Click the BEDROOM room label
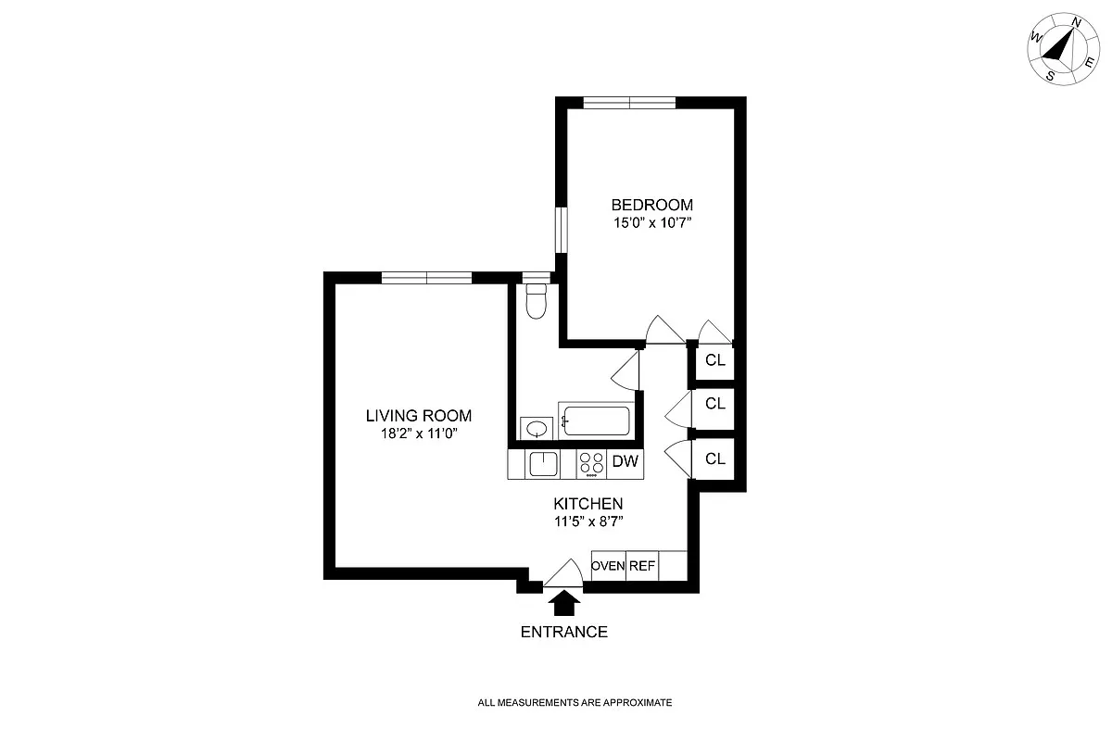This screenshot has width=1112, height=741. pos(651,205)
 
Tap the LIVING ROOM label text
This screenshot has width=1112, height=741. pos(419,416)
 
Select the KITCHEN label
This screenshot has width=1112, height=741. pos(588,504)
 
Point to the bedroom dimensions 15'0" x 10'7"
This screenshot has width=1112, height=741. pos(651,223)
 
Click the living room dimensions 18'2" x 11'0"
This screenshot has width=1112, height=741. pos(419,433)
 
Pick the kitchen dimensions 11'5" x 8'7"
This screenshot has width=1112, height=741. pos(588,521)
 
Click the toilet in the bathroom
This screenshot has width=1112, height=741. pos(536,302)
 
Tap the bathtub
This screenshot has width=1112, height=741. pos(596,422)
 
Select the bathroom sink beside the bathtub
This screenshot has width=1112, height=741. pos(535,428)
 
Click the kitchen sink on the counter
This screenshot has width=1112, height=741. pos(542,462)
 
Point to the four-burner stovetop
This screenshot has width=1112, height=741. pos(590,463)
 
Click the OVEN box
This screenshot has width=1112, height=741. pos(608,565)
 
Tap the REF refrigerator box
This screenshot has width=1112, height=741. pos(642,565)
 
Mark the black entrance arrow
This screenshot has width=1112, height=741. pos(564,604)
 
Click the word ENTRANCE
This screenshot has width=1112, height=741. pos(564,633)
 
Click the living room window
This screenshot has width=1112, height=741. pos(426,277)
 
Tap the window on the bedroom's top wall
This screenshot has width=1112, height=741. pos(629,102)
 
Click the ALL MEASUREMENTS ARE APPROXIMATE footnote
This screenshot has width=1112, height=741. pos(575,703)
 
